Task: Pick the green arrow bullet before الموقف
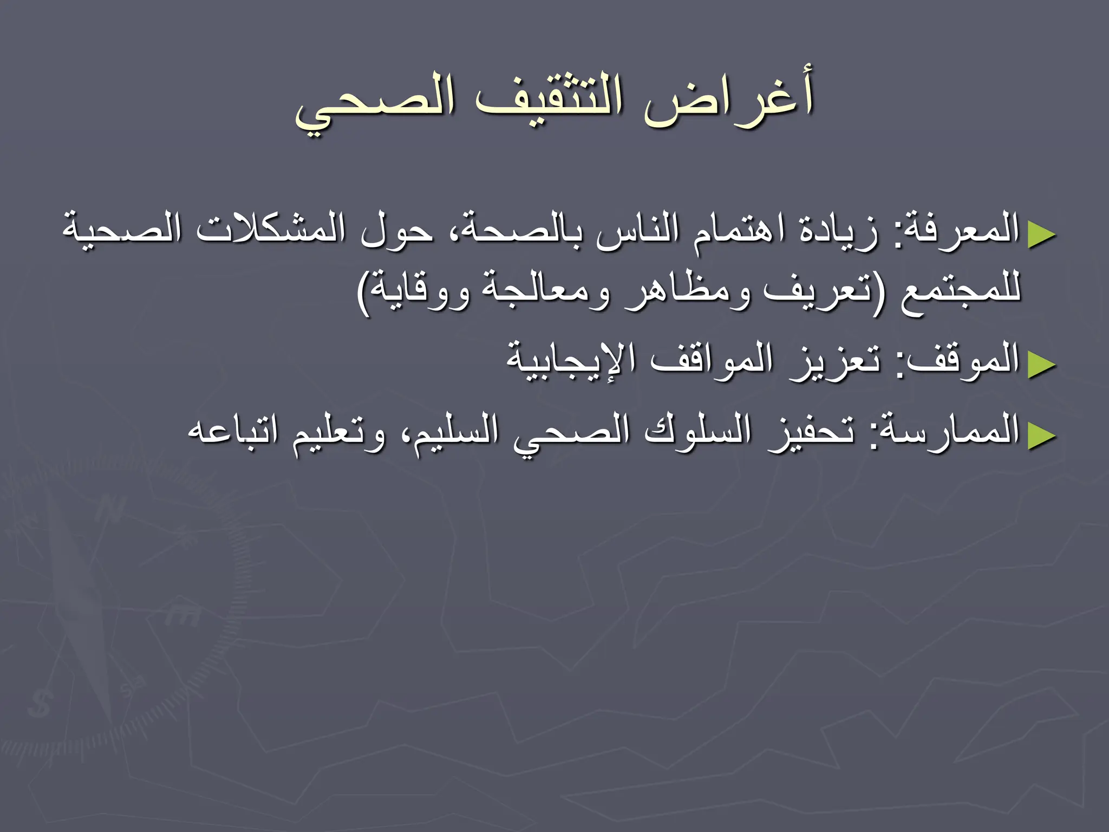coord(1042,365)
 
